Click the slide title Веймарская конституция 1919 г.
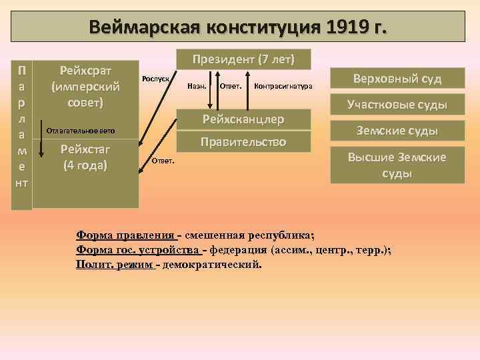[x=241, y=29]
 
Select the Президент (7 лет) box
[x=243, y=58]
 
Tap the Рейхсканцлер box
[x=243, y=119]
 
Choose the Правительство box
[x=243, y=142]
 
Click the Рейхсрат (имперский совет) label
[x=85, y=87]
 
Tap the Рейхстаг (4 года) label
[x=85, y=156]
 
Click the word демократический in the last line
[x=213, y=265]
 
